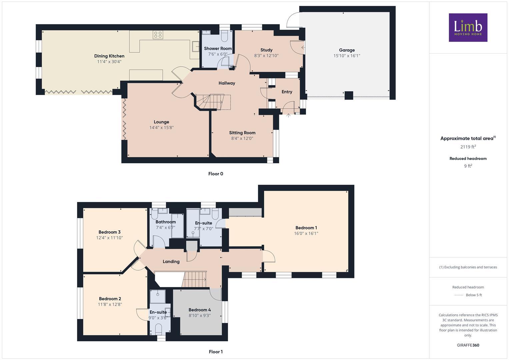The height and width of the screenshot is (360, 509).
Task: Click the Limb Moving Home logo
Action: point(468,27)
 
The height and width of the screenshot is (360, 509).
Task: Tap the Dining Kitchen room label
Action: point(109,56)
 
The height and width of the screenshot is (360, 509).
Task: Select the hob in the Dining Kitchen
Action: point(158,35)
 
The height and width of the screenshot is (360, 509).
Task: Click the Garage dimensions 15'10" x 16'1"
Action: point(347,56)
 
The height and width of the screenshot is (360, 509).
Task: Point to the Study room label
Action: point(266,50)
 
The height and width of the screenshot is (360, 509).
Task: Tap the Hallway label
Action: point(227,83)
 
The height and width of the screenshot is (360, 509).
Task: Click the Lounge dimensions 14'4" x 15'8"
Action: point(161,128)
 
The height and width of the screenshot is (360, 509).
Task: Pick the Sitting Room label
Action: point(242,133)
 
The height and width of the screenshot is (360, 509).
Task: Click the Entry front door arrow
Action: point(288,115)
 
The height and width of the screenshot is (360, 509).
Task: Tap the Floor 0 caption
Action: point(215,174)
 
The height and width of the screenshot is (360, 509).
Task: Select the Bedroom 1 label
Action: point(306,228)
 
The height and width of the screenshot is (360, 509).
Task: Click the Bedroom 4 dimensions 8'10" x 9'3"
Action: point(200,315)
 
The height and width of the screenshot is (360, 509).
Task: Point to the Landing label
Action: point(171,262)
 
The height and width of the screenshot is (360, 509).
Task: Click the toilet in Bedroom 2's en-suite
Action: point(159,330)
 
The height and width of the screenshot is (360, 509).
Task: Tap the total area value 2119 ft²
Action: point(468,147)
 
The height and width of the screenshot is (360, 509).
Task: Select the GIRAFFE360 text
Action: point(468,345)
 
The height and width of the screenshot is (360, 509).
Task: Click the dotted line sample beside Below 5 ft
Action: point(459,295)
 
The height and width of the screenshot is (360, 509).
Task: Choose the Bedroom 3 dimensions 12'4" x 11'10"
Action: point(109,238)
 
